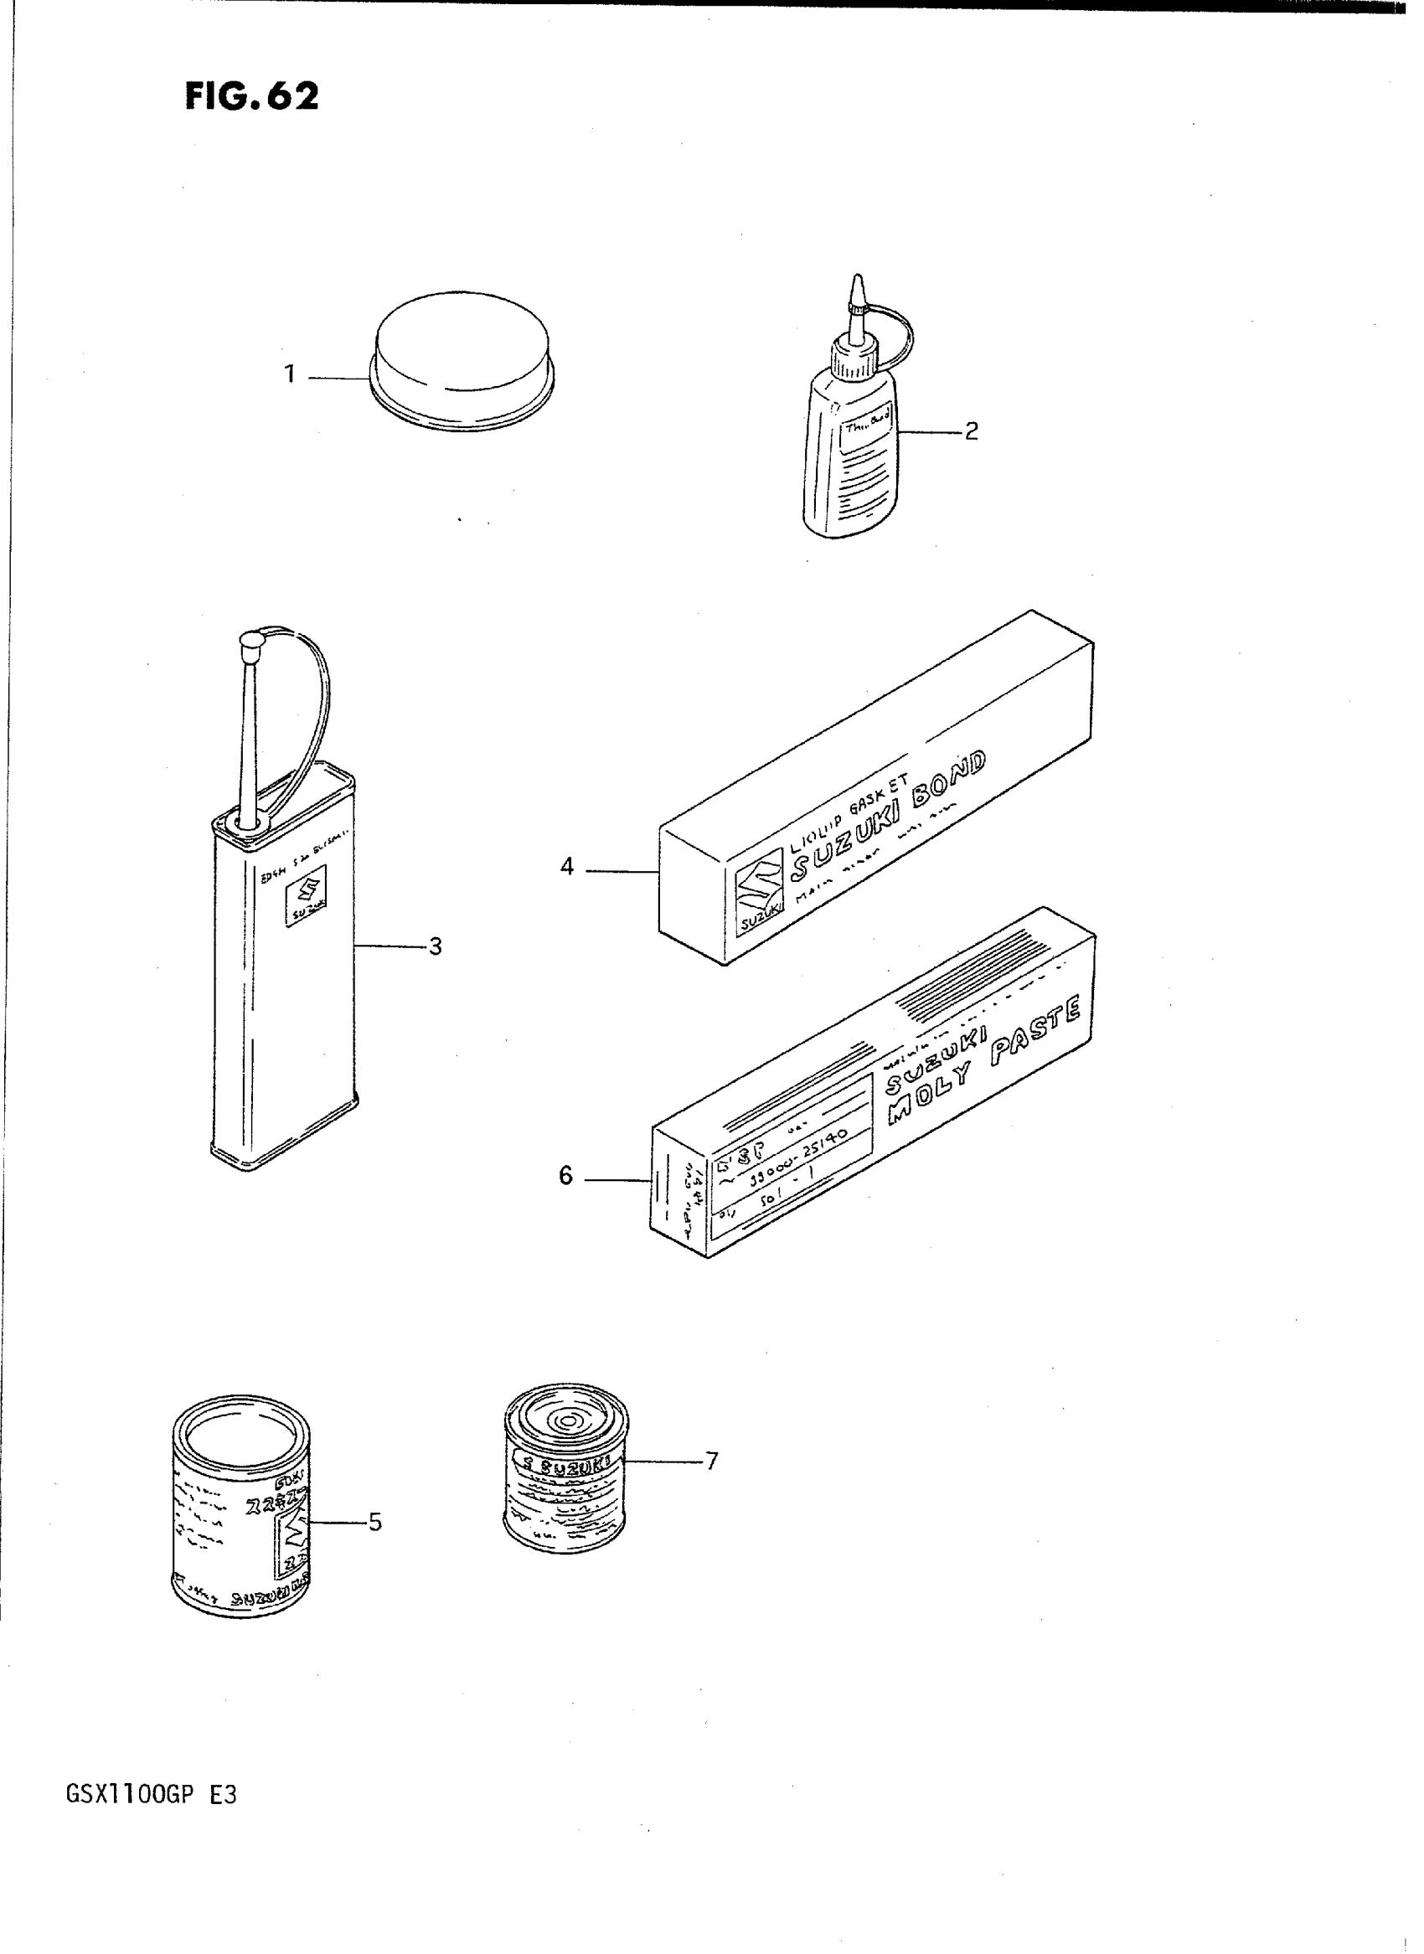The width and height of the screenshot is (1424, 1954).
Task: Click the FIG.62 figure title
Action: point(250,95)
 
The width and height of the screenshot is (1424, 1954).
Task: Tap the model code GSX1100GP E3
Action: point(151,1796)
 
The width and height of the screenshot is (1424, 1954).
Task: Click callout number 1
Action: point(290,375)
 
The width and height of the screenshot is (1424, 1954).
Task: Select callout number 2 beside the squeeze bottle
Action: point(972,431)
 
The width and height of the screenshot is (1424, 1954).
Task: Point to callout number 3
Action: point(435,947)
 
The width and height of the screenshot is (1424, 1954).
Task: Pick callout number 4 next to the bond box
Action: point(566,866)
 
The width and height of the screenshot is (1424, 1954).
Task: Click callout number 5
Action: point(374,1522)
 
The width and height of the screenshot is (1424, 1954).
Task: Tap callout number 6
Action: point(565,1176)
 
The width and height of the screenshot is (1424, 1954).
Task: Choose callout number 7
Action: point(711,1461)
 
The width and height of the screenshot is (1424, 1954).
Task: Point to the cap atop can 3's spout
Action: point(250,641)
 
